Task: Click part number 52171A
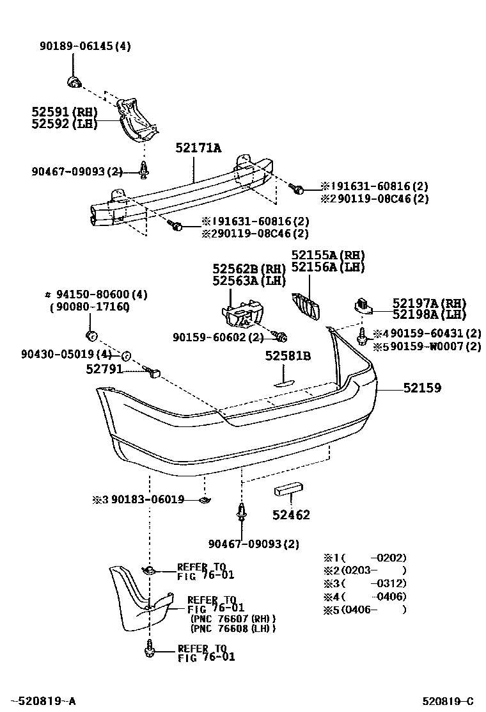(x=198, y=149)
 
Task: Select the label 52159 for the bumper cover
(x=421, y=387)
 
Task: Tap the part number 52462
(x=291, y=515)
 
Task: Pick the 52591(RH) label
(x=64, y=111)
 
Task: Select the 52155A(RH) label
(x=328, y=254)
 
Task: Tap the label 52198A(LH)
(x=429, y=314)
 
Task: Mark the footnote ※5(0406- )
(x=364, y=609)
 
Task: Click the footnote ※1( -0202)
(x=364, y=558)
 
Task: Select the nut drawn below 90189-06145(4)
(x=73, y=81)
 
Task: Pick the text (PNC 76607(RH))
(x=233, y=619)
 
